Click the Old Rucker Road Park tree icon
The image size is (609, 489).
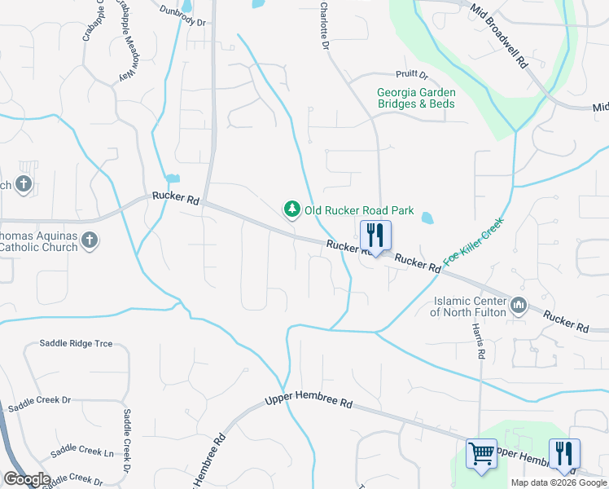click(x=291, y=209)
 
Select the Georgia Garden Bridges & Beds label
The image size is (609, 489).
click(x=416, y=99)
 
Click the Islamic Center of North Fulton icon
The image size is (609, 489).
click(x=519, y=306)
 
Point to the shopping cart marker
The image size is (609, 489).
click(x=481, y=453)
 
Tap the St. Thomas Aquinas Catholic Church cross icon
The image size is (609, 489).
click(x=90, y=240)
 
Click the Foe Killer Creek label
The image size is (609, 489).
click(x=474, y=242)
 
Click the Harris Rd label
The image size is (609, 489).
click(x=480, y=341)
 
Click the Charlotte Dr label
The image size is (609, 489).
click(x=324, y=29)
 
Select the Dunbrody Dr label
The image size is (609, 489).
click(x=182, y=16)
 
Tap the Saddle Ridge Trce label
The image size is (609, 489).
click(x=76, y=344)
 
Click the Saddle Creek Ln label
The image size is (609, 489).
click(x=81, y=452)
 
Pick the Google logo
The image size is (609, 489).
click(x=27, y=479)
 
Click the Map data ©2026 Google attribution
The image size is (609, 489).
click(x=558, y=482)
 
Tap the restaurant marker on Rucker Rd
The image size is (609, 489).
click(x=375, y=236)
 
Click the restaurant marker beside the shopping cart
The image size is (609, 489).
click(x=563, y=453)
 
